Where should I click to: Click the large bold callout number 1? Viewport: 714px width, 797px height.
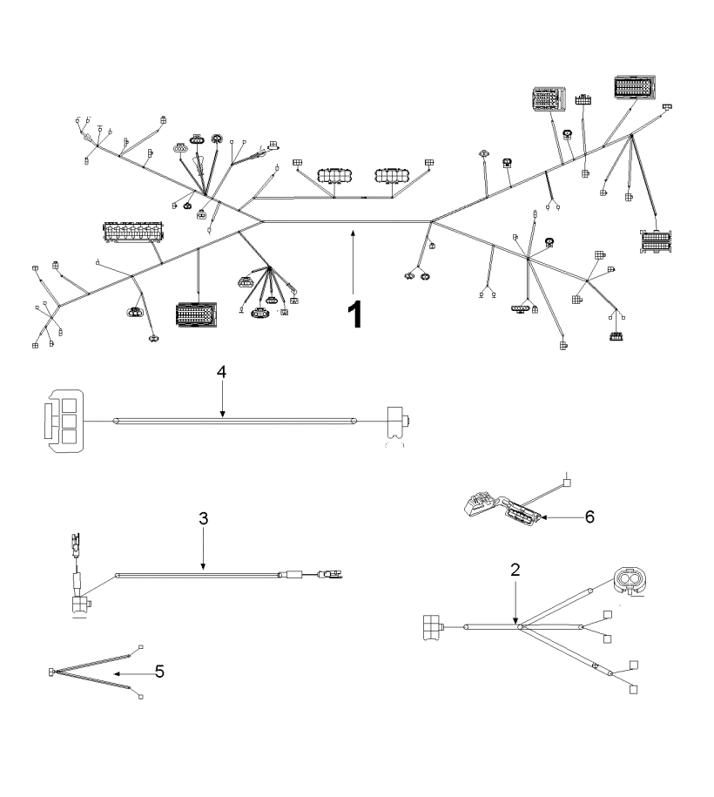(355, 314)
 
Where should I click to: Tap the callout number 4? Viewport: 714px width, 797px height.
(221, 372)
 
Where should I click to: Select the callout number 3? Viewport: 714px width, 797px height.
(203, 518)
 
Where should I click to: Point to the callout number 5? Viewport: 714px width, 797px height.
(159, 672)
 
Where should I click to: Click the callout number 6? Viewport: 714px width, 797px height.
(589, 517)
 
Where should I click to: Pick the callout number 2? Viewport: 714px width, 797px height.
(515, 570)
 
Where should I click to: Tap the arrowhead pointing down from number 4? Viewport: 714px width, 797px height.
(221, 415)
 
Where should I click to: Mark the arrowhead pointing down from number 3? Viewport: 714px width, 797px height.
(203, 565)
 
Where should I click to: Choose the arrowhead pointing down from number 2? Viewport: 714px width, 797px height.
(515, 621)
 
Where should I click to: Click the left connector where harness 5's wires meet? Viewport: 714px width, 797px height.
(52, 672)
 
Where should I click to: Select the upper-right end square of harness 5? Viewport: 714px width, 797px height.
(141, 647)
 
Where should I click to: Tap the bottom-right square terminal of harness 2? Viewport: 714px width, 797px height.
(633, 689)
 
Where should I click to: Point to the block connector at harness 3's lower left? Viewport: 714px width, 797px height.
(80, 605)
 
